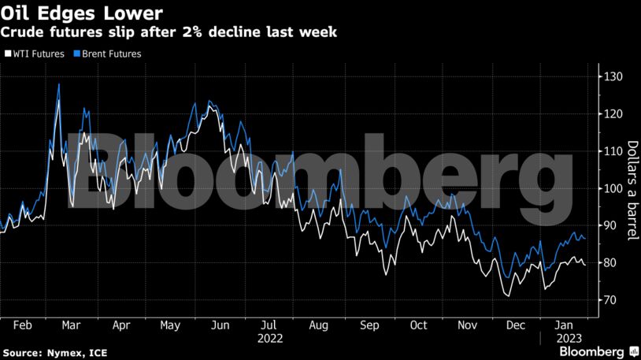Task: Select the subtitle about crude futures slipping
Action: [x=169, y=32]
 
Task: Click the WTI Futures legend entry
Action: [x=34, y=54]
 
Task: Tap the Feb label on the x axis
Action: [x=24, y=325]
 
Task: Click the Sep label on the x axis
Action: [x=369, y=325]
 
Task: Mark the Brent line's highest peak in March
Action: [x=59, y=84]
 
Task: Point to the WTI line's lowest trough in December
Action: [x=508, y=296]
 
